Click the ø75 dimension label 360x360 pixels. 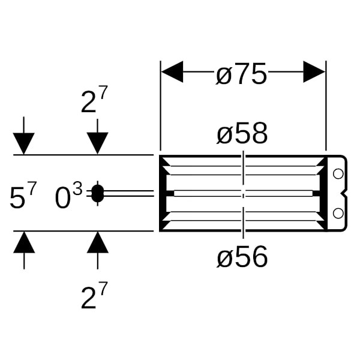(x=241, y=73)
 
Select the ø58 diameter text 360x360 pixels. (x=242, y=133)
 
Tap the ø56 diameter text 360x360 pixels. (x=242, y=256)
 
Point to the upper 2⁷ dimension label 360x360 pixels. (x=94, y=100)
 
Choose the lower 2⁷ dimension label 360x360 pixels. (x=94, y=296)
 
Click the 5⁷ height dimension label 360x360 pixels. (x=23, y=196)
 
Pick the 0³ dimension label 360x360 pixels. (x=68, y=196)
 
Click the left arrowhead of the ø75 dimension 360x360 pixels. (x=172, y=71)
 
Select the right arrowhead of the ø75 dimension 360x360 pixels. (x=314, y=71)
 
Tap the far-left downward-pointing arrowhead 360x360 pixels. (x=24, y=143)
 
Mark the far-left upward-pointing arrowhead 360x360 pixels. (x=24, y=242)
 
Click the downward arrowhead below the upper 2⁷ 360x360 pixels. (x=98, y=143)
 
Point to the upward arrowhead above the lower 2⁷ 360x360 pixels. (x=98, y=242)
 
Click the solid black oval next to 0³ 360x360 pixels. (x=98, y=194)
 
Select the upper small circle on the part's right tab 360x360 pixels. (x=338, y=174)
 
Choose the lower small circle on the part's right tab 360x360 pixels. (x=338, y=213)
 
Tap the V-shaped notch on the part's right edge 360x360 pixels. (x=344, y=194)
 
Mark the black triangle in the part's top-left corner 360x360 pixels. (x=163, y=162)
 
